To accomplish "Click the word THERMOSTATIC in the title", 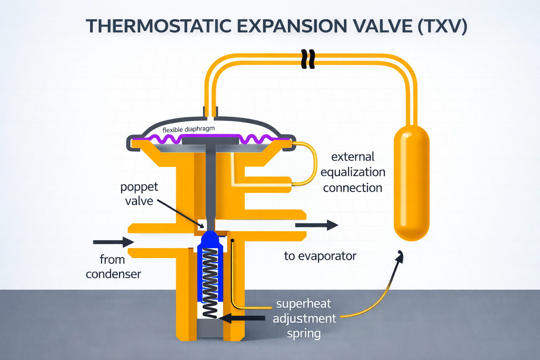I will (x=158, y=26).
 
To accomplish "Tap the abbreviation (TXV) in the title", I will (x=442, y=26).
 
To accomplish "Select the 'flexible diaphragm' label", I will (x=188, y=129).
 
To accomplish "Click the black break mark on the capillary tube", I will (x=308, y=59).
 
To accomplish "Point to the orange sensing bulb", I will (x=411, y=183).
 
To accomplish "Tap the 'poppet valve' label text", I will (x=139, y=194).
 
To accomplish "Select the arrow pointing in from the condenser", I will (x=113, y=242).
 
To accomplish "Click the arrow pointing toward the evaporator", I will (x=316, y=225).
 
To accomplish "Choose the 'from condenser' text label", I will (x=113, y=266).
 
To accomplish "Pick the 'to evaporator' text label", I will (x=320, y=256).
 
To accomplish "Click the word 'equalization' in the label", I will (x=353, y=172).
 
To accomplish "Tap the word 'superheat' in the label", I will (x=303, y=303).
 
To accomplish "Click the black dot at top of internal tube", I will (x=232, y=240).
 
